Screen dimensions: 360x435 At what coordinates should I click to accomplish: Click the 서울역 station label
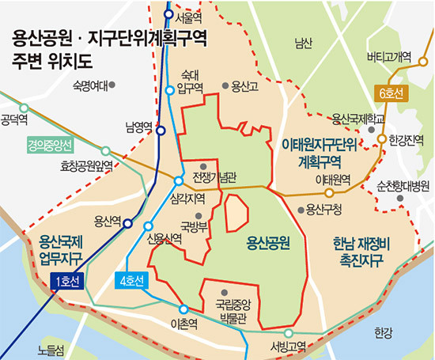click(188, 16)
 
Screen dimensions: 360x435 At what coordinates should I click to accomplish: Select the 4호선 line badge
click(132, 279)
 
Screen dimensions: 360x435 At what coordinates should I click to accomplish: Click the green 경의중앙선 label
click(49, 146)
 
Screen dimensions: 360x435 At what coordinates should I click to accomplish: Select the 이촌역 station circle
click(183, 309)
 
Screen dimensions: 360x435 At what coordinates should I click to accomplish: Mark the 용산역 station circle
click(127, 224)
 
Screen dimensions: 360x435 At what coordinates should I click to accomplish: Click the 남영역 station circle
click(161, 131)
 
